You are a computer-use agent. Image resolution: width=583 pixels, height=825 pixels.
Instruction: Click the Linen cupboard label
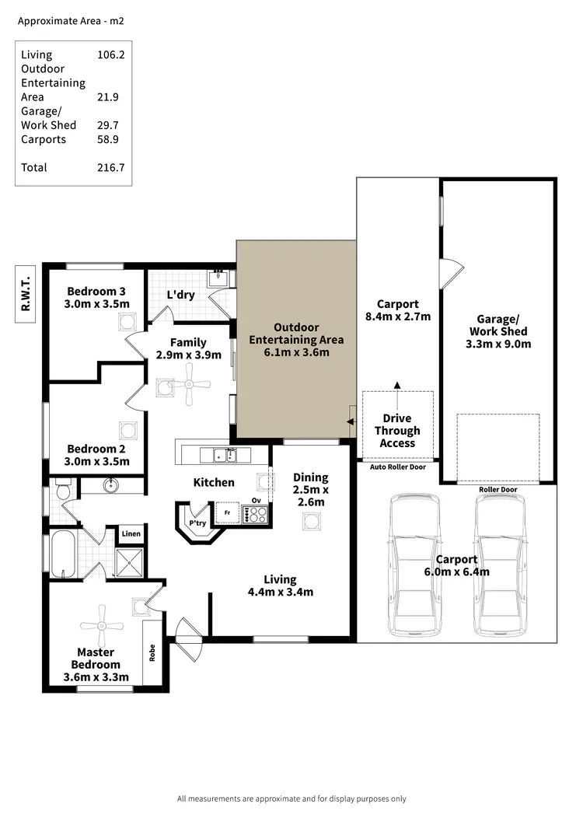[x=131, y=533]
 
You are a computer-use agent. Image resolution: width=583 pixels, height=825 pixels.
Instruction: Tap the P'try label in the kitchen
[x=197, y=523]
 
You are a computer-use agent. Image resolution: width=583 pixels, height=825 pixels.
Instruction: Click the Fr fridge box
[x=228, y=513]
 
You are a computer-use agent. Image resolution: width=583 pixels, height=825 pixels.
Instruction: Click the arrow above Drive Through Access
[x=396, y=385]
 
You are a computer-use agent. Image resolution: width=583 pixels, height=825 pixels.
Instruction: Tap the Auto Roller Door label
[x=396, y=467]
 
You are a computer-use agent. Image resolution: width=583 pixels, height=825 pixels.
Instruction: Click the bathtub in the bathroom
[x=62, y=554]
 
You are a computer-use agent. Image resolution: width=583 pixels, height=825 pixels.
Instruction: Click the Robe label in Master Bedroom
[x=152, y=654]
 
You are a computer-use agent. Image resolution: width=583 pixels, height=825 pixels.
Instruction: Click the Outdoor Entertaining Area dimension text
[x=295, y=352]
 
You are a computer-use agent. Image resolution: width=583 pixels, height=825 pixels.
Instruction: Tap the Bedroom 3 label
[x=96, y=291]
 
